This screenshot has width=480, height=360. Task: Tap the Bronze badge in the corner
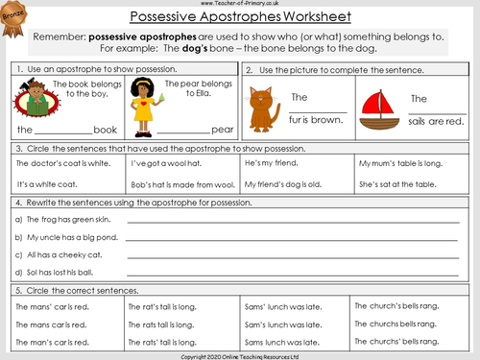(x=14, y=16)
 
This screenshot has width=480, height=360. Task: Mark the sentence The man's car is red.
(x=53, y=341)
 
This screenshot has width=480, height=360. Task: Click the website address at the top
(x=239, y=4)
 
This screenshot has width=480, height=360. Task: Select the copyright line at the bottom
(x=239, y=354)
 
